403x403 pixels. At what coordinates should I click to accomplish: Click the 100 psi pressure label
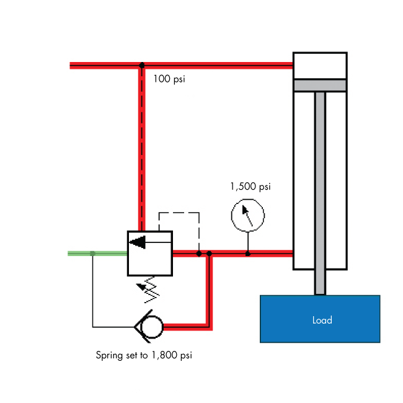[x=169, y=79]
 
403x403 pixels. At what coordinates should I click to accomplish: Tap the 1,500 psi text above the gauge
[x=250, y=186]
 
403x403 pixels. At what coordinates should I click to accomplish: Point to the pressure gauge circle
[x=247, y=215]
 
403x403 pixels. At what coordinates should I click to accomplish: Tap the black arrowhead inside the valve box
[x=138, y=242]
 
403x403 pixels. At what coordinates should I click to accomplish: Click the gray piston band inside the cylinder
[x=319, y=85]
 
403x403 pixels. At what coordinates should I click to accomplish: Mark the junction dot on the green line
[x=92, y=253]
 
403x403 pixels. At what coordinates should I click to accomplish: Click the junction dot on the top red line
[x=142, y=65]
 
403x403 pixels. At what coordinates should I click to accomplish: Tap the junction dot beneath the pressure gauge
[x=247, y=253]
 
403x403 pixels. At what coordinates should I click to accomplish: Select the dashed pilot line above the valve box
[x=179, y=213]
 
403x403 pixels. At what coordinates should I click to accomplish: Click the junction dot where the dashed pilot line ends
[x=198, y=253]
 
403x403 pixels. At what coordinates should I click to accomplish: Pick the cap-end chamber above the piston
[x=319, y=66]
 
